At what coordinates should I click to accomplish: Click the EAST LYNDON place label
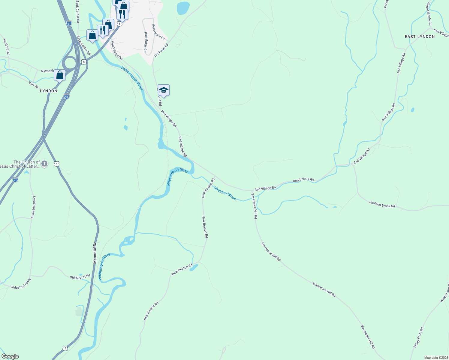pyautogui.click(x=420, y=37)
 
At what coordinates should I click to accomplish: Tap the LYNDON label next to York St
pyautogui.click(x=49, y=91)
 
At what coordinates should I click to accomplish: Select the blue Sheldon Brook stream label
pyautogui.click(x=225, y=193)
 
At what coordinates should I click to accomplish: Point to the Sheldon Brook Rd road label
pyautogui.click(x=382, y=204)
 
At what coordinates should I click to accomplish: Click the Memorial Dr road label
pyautogui.click(x=95, y=253)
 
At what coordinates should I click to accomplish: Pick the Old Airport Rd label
pyautogui.click(x=80, y=277)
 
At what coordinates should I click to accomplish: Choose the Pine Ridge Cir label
pyautogui.click(x=146, y=42)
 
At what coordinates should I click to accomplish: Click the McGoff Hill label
pyautogui.click(x=6, y=47)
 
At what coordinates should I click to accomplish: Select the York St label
pyautogui.click(x=34, y=85)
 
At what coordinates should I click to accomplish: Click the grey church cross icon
pyautogui.click(x=44, y=164)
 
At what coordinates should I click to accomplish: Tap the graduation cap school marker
pyautogui.click(x=164, y=90)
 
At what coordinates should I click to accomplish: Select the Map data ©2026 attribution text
pyautogui.click(x=435, y=358)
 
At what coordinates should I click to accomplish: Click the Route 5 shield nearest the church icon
pyautogui.click(x=57, y=164)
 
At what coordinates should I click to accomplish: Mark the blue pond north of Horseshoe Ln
pyautogui.click(x=183, y=8)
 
